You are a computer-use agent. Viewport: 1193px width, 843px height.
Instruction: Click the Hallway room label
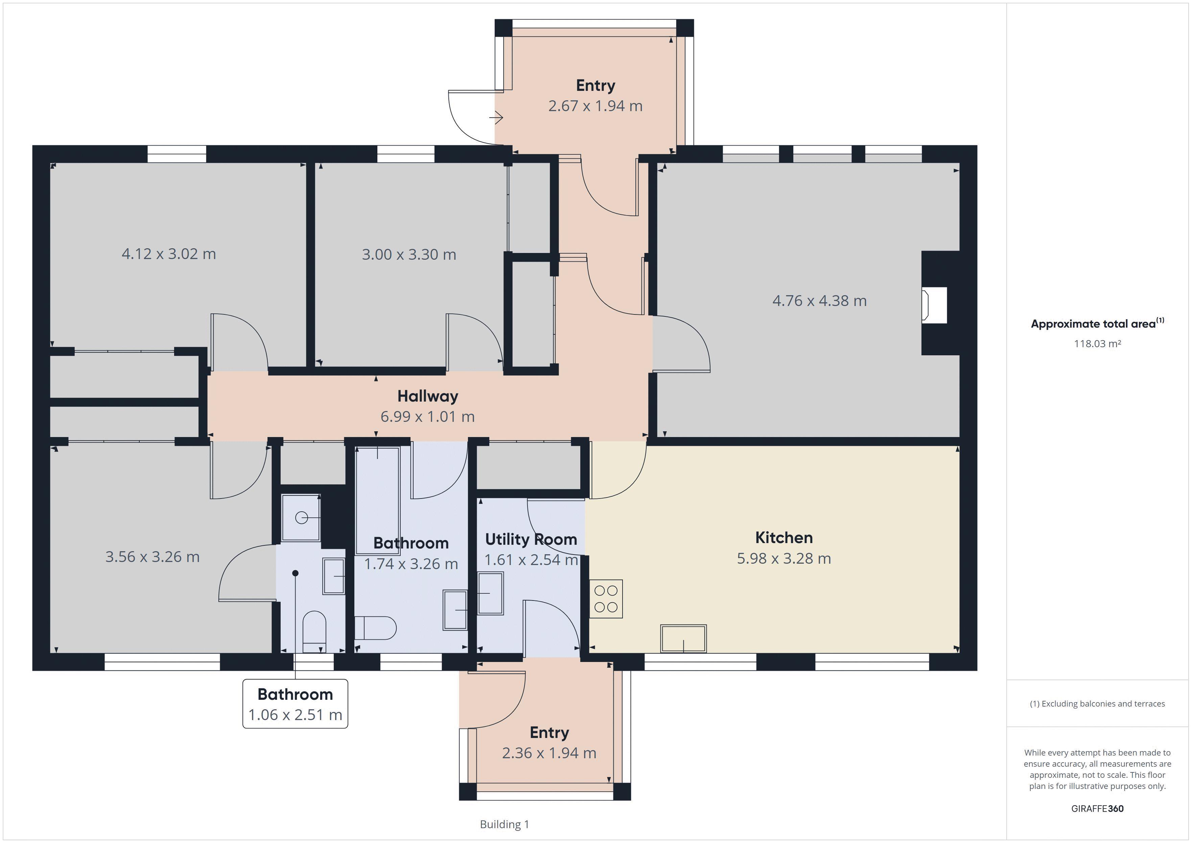click(428, 396)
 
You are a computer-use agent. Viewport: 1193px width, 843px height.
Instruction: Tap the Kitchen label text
click(783, 538)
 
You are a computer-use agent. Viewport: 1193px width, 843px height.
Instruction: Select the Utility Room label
click(531, 540)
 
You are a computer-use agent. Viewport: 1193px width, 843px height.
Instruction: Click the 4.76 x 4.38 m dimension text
click(819, 301)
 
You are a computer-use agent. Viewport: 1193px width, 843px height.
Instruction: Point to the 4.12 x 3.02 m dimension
click(169, 254)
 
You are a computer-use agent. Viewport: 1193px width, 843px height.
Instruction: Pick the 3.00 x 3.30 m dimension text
click(409, 254)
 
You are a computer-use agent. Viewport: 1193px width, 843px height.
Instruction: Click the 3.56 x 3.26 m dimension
click(152, 557)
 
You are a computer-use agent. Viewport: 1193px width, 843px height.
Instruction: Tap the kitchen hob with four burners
click(606, 598)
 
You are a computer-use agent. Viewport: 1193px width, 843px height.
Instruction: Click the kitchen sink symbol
click(683, 638)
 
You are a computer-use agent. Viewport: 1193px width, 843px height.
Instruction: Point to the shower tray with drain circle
click(301, 517)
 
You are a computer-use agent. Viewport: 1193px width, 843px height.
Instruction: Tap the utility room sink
click(490, 593)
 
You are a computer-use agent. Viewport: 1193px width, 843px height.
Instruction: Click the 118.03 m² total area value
click(1097, 343)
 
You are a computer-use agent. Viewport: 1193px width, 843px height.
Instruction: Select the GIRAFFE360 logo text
click(1097, 808)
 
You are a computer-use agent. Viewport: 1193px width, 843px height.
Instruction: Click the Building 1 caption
click(504, 824)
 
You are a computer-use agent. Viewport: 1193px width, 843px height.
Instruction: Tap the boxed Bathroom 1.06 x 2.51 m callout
click(295, 704)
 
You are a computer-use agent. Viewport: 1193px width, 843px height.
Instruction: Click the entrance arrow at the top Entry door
click(496, 118)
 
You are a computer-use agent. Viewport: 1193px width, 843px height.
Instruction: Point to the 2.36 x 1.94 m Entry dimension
click(549, 753)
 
